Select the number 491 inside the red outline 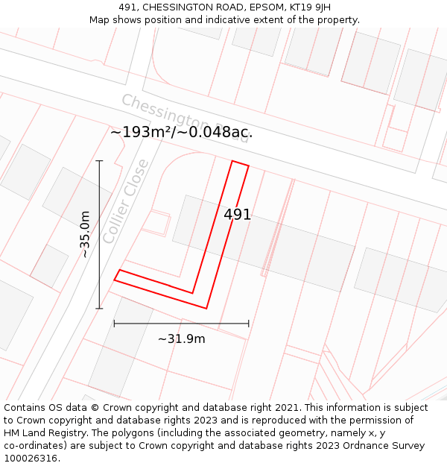pyautogui.click(x=238, y=215)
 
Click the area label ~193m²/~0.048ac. pyautogui.click(x=181, y=133)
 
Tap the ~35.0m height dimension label pyautogui.click(x=85, y=234)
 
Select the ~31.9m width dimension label pyautogui.click(x=181, y=339)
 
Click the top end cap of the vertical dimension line pyautogui.click(x=99, y=160)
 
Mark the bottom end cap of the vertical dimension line pyautogui.click(x=99, y=308)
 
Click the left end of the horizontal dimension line pyautogui.click(x=114, y=324)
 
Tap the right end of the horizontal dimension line pyautogui.click(x=249, y=324)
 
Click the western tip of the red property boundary pyautogui.click(x=115, y=280)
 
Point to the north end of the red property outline pyautogui.click(x=240, y=163)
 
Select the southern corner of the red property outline pyautogui.click(x=206, y=308)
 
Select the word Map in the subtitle pyautogui.click(x=101, y=20)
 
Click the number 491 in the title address pyautogui.click(x=130, y=7)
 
